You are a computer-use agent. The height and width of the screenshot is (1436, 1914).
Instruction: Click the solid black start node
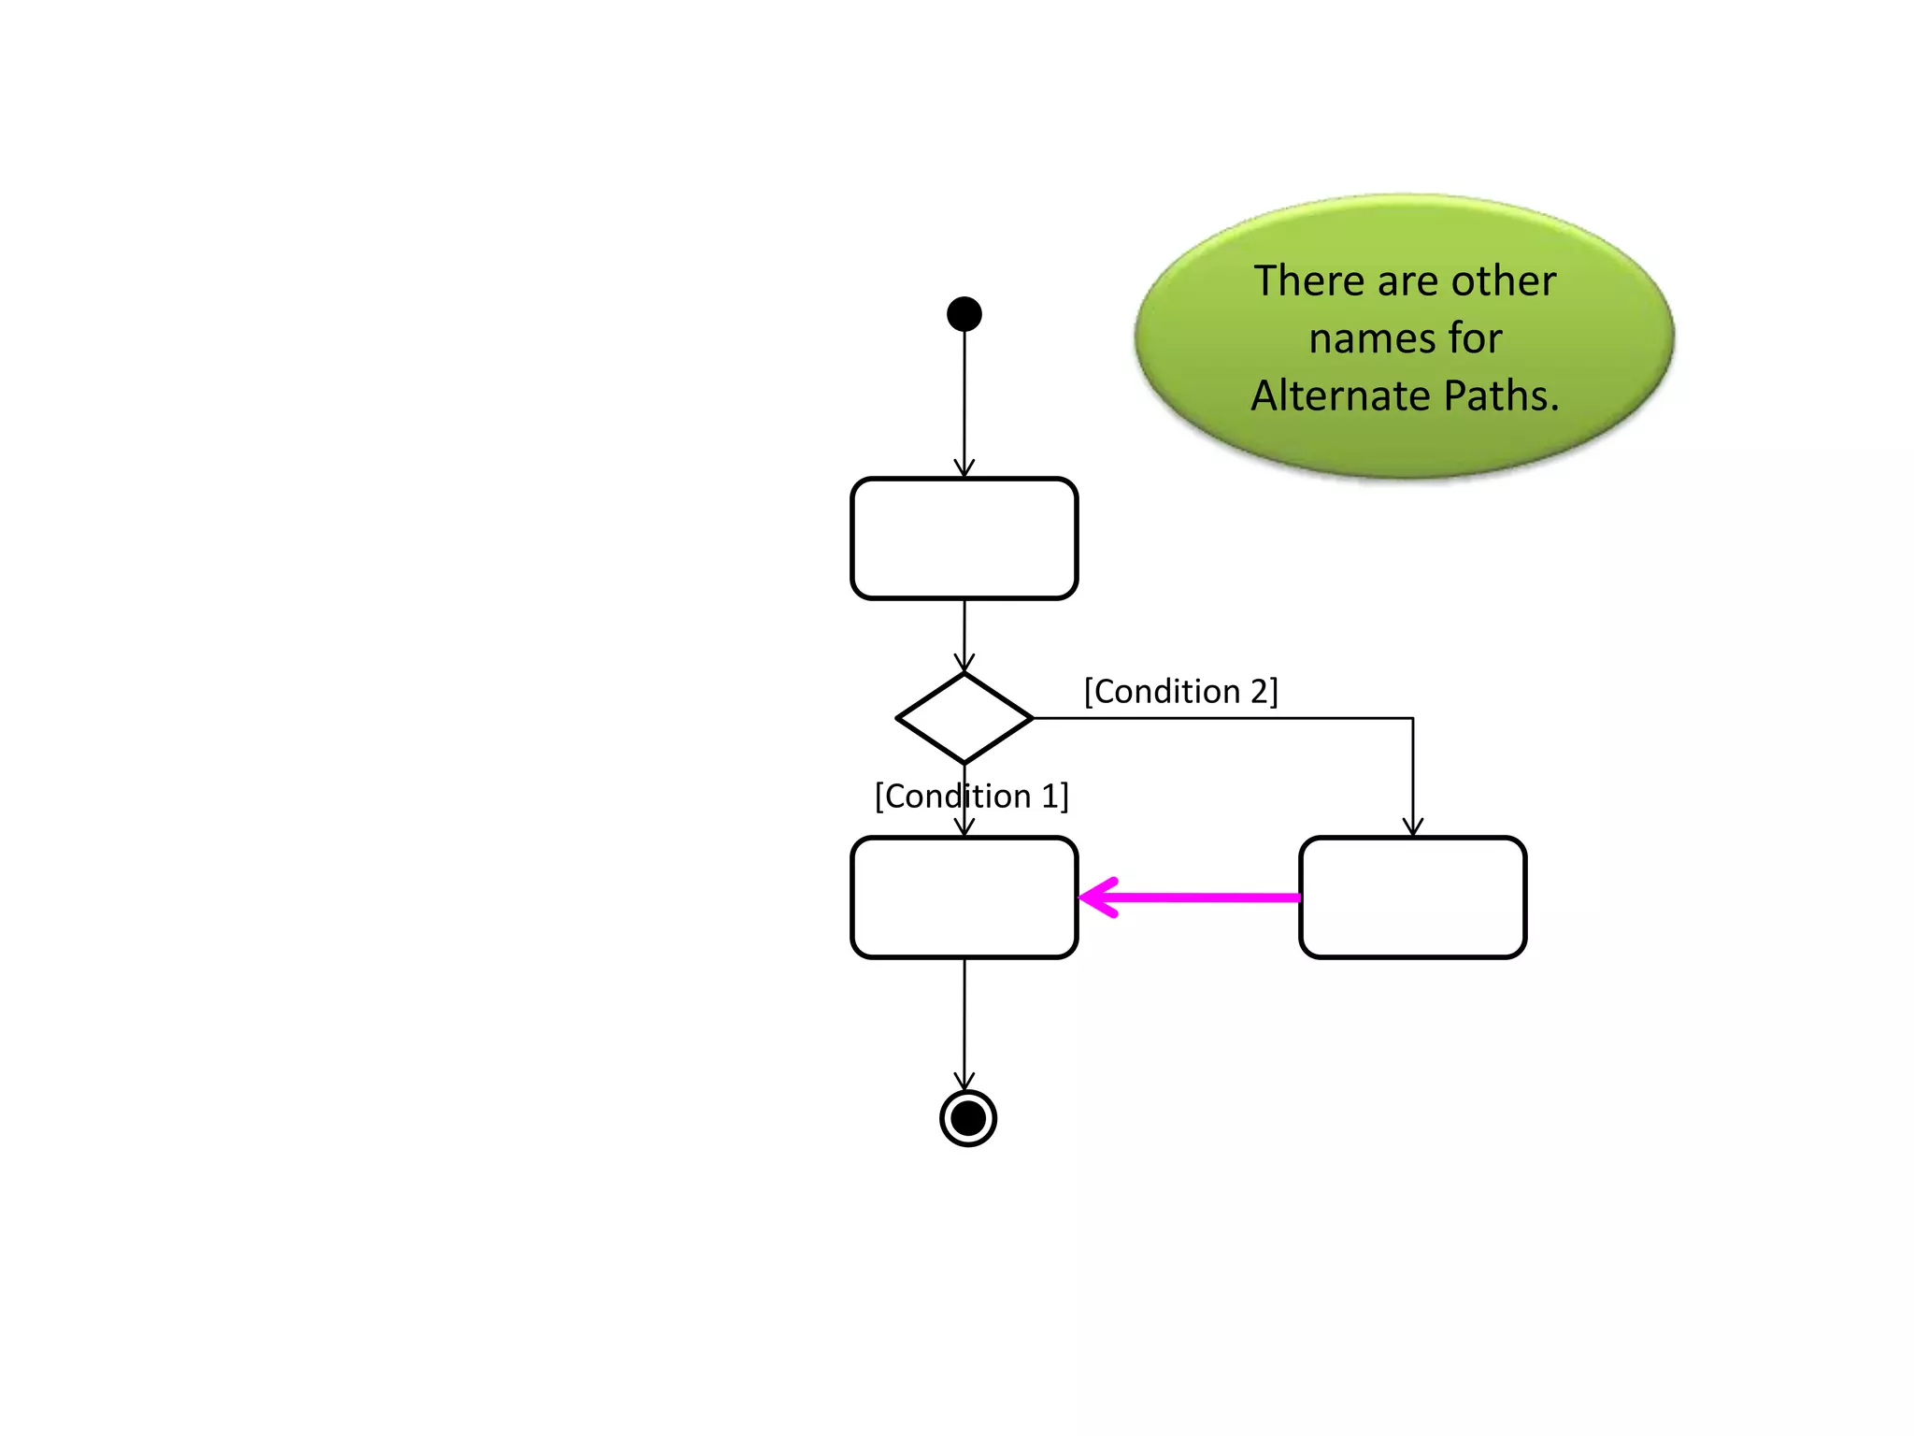964,314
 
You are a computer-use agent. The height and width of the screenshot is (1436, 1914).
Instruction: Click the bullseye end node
967,1117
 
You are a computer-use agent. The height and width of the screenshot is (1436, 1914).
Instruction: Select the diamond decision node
964,718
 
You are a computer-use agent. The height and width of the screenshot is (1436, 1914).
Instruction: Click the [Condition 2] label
1180,692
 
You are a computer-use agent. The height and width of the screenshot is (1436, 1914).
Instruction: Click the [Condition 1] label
971,797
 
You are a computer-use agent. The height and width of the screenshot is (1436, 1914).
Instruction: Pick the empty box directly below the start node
964,538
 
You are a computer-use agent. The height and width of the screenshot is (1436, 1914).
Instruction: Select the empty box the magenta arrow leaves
1412,897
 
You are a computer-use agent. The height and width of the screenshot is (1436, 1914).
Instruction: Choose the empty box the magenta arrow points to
964,897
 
